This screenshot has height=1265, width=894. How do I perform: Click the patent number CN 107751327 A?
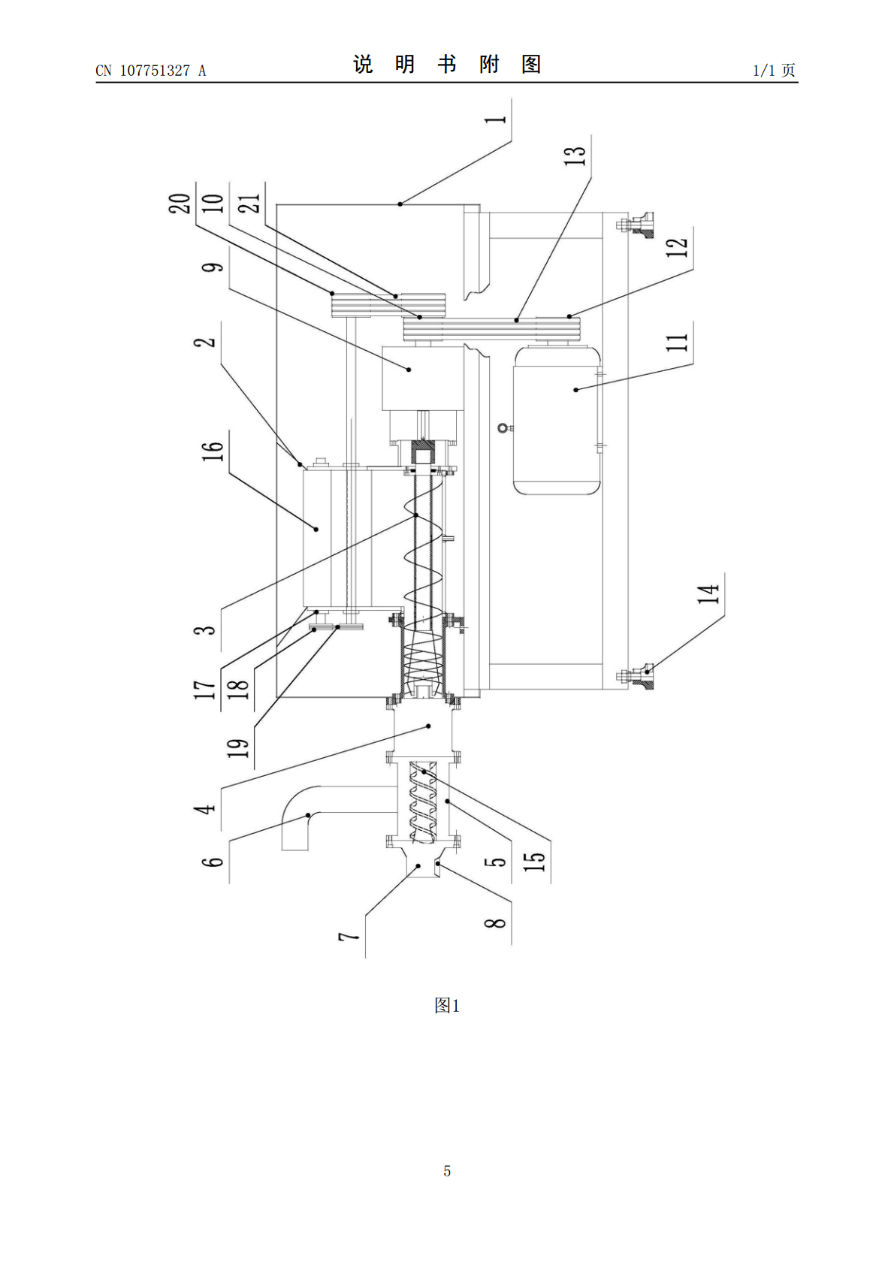[x=151, y=71]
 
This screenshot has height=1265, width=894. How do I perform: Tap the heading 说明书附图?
[x=447, y=65]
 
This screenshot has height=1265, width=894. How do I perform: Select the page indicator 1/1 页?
[x=775, y=70]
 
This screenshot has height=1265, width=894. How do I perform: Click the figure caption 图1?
[x=447, y=1004]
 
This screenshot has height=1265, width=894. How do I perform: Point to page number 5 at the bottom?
[x=447, y=1171]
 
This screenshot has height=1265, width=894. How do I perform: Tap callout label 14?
[x=708, y=593]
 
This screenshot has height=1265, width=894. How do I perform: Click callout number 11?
[x=678, y=342]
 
